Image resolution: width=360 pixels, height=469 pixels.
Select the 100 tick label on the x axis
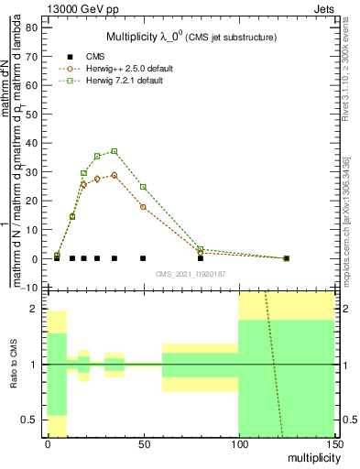238,444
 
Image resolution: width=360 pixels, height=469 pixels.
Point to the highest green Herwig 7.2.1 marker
115,151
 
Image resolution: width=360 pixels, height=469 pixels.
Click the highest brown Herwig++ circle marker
115,175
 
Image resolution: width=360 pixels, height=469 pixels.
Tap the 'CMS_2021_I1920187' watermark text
191,274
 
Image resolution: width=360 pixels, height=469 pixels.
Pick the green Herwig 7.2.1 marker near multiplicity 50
143,187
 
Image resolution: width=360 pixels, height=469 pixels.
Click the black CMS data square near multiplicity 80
201,258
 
